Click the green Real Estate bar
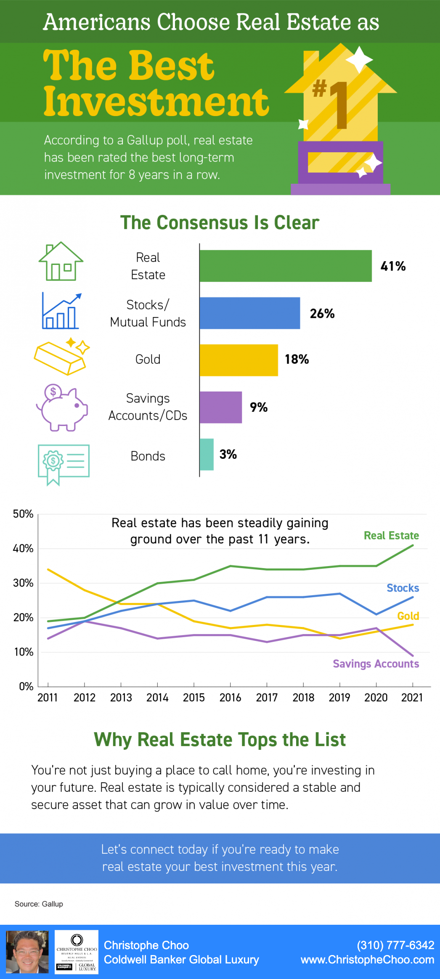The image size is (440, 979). point(286,266)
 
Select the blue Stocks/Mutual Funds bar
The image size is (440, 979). point(250,313)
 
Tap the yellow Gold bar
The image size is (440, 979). point(239,360)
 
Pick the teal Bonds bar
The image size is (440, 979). point(207,454)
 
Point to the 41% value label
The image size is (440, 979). point(393,266)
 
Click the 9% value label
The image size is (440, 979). point(259,407)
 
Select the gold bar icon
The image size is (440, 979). point(61,357)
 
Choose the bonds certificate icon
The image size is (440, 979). point(63,464)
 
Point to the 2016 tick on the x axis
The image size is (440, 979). point(230,698)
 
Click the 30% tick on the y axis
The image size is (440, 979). point(23,583)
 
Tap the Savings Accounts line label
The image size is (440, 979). point(376,664)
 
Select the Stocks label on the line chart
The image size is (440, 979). point(403,588)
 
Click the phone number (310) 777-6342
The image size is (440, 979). point(395,945)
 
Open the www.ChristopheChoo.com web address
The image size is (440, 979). point(367,960)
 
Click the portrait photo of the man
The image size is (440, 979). point(27,952)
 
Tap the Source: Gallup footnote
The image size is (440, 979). point(39,904)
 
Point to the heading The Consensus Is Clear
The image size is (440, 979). point(220,222)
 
